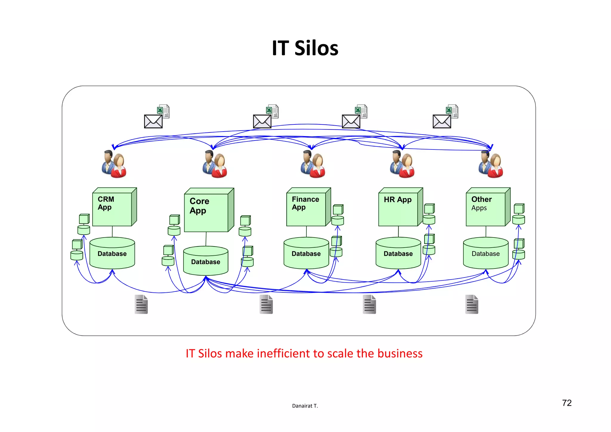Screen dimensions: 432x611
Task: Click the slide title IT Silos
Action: pyautogui.click(x=305, y=48)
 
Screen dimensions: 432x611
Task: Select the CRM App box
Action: pyautogui.click(x=112, y=209)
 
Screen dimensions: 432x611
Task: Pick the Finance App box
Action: pyautogui.click(x=306, y=209)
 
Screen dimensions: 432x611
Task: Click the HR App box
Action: pyautogui.click(x=398, y=209)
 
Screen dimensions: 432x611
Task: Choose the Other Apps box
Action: pyautogui.click(x=486, y=209)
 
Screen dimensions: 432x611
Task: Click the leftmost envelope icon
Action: pyautogui.click(x=153, y=121)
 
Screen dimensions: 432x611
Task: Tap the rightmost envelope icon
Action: pyautogui.click(x=442, y=121)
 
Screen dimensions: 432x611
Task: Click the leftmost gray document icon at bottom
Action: pyautogui.click(x=141, y=304)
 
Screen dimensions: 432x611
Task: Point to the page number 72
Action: pyautogui.click(x=567, y=403)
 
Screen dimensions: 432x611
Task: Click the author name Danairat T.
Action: pyautogui.click(x=305, y=406)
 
